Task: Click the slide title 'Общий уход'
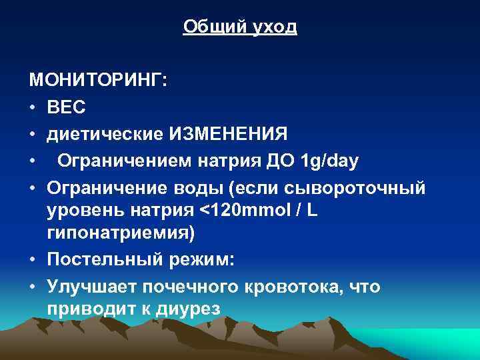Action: coord(240,27)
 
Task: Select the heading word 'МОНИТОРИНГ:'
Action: coord(99,81)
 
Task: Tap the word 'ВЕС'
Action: coord(65,107)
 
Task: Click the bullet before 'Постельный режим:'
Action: coord(33,260)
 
